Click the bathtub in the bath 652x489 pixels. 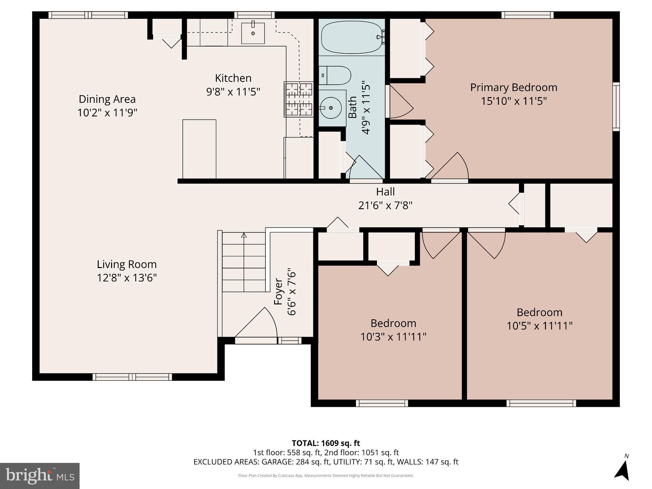point(351,37)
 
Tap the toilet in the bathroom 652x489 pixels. point(335,75)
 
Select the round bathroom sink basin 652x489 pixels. point(331,108)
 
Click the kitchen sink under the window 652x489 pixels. point(253,33)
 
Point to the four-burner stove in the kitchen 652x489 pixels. point(299,99)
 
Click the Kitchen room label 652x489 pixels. point(233,78)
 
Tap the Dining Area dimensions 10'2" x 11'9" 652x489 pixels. point(107,113)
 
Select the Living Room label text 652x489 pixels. point(127,264)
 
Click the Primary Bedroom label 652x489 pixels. point(514,87)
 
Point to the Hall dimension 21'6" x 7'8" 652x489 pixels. point(385,205)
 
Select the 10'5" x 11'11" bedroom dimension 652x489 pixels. point(539,326)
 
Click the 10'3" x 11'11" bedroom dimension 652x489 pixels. point(393,337)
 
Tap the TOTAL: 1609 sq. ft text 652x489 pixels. point(326,443)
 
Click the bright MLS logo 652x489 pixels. point(40,476)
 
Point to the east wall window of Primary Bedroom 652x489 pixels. point(616,107)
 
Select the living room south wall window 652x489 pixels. point(132,377)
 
